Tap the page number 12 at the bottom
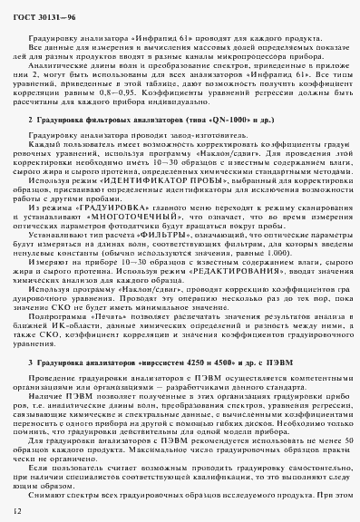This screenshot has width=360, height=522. [x=16, y=511]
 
